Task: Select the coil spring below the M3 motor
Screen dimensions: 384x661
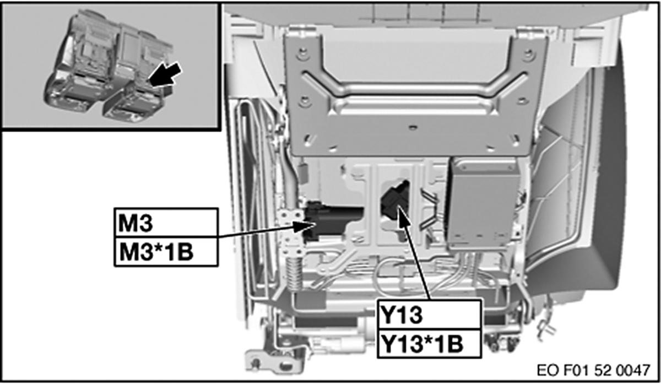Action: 293,272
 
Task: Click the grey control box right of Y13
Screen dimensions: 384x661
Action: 484,201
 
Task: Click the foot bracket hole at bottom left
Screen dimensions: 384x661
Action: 257,362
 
